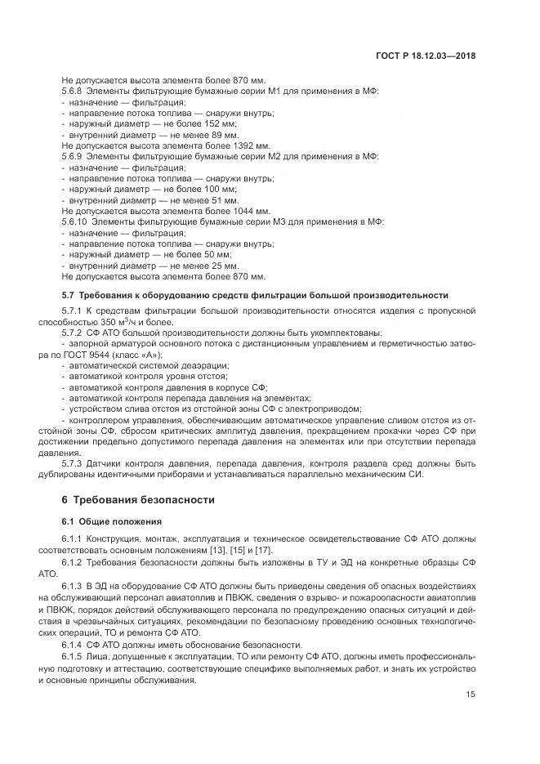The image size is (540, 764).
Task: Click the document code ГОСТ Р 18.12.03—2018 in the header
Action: (426, 56)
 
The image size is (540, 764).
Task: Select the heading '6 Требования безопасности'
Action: (138, 499)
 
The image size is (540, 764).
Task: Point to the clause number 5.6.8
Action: (73, 92)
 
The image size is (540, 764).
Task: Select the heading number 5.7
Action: (68, 294)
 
